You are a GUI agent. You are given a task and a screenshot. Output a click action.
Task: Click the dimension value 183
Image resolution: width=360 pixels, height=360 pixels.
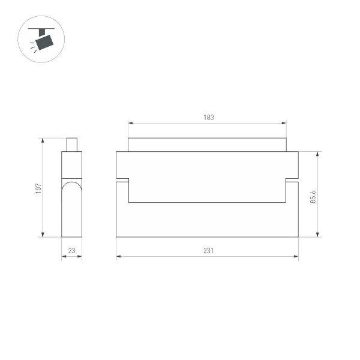point(208,118)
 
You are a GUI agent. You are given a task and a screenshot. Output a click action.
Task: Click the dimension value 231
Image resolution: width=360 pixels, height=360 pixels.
point(208,251)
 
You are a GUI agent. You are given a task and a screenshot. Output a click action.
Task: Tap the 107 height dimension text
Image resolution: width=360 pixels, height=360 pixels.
point(38,188)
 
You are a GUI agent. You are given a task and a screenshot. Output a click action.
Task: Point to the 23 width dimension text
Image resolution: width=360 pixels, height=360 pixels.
point(71,251)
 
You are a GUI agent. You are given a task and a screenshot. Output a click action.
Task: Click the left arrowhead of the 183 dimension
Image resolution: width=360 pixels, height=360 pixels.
point(130,124)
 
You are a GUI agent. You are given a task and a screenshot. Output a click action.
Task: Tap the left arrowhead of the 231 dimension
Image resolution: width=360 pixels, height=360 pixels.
point(118,257)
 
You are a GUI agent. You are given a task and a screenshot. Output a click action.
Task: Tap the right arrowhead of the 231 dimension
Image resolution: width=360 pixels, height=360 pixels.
point(296,257)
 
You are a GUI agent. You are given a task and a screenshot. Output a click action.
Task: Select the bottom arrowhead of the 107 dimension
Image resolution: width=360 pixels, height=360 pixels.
point(43,235)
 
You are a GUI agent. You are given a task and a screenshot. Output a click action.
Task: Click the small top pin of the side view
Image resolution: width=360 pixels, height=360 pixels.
point(72,145)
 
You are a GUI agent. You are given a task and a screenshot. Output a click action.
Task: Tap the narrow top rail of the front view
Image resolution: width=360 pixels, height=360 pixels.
point(208,145)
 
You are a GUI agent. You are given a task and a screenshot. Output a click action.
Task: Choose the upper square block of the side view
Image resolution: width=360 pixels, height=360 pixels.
point(72,165)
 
